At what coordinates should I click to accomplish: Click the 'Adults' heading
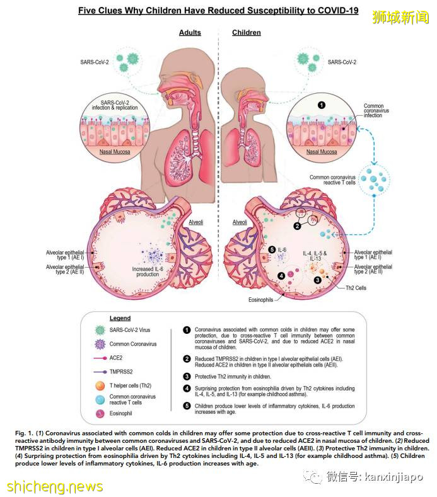(x=190, y=33)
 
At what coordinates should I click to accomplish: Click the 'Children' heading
(x=247, y=33)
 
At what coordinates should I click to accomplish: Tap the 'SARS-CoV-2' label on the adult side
(x=91, y=62)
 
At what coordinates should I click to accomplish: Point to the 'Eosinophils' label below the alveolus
(x=260, y=300)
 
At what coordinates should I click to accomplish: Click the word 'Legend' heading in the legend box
(x=120, y=318)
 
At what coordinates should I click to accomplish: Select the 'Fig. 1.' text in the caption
(x=27, y=434)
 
